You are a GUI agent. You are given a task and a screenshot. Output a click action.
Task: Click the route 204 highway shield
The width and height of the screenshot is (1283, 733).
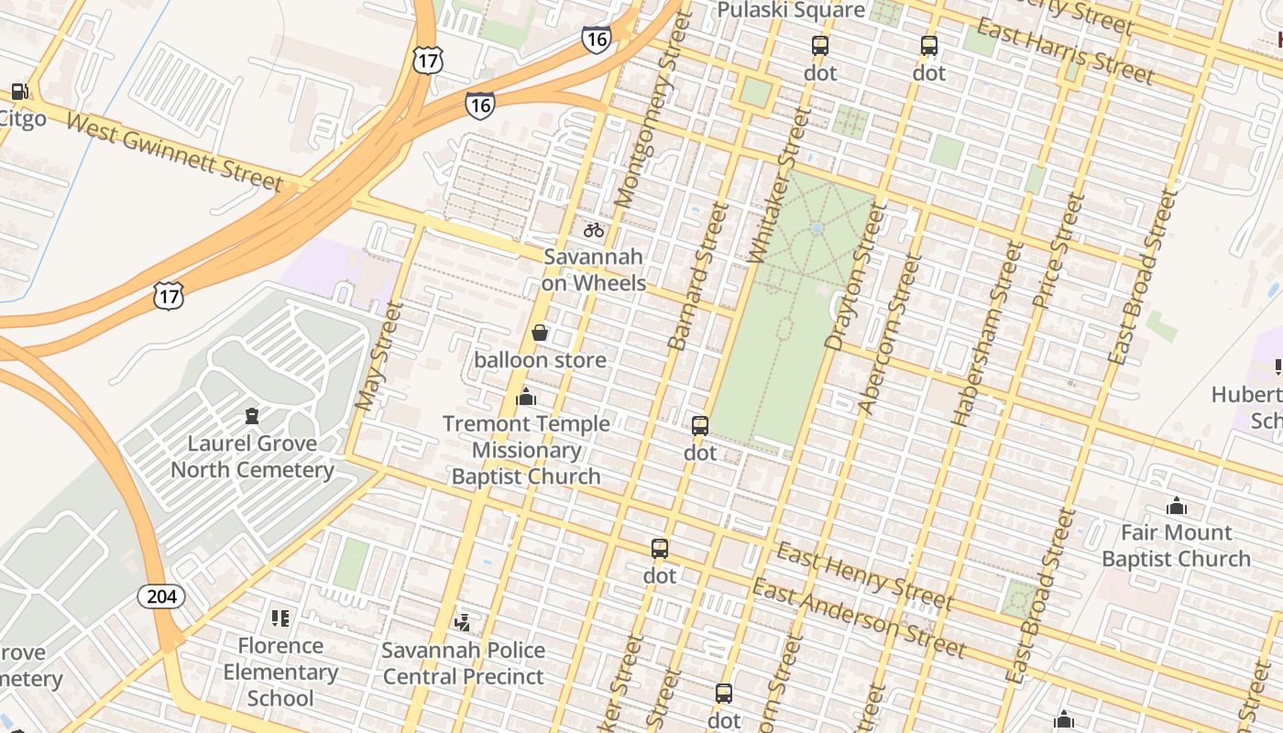coord(161,596)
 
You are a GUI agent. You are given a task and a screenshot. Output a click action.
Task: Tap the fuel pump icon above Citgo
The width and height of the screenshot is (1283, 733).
coord(19,92)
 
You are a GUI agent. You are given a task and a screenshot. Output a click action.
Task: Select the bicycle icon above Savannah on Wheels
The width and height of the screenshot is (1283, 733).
coord(594,230)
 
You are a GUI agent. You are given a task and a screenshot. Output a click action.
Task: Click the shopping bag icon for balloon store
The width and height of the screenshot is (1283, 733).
coord(540,333)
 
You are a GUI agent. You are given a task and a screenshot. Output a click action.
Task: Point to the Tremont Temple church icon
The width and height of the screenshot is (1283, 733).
coord(526,397)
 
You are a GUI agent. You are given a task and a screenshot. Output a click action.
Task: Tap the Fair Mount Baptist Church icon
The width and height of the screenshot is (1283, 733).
coord(1176,506)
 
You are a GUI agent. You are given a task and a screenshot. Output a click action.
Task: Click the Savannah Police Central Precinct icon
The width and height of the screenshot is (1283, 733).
coord(463,623)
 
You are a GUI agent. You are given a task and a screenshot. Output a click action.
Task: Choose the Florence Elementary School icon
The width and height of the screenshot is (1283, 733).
coord(280,618)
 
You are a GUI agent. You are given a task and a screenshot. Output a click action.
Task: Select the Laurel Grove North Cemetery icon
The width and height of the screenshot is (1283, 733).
coord(252,416)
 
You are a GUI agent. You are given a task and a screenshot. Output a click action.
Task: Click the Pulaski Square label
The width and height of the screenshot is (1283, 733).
coord(791,10)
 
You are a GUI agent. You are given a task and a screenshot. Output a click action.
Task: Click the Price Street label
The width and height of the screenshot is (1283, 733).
coord(1057,250)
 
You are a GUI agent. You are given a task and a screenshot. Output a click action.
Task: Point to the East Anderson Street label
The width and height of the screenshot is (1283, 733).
coord(859,619)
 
